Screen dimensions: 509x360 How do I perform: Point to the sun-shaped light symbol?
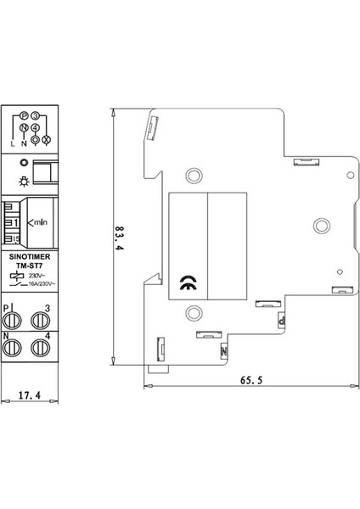(x=24, y=182)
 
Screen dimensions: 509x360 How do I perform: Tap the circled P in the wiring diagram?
(x=24, y=115)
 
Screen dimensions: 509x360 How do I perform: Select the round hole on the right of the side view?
(x=321, y=226)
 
